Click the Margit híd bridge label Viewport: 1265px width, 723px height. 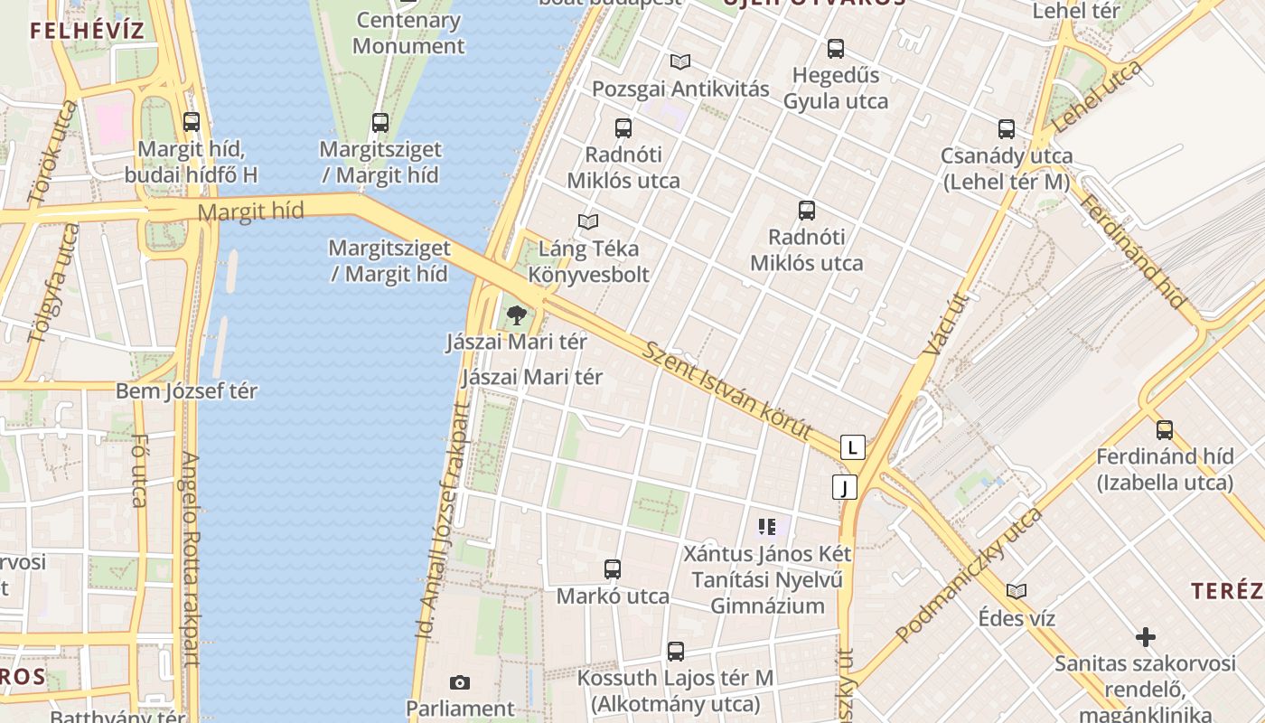click(250, 212)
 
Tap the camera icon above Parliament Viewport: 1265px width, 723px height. click(459, 682)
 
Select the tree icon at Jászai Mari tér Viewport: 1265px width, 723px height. click(516, 315)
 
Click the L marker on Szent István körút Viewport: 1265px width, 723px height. click(852, 446)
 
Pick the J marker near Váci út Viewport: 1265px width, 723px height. click(844, 488)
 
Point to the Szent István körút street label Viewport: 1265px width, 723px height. click(726, 390)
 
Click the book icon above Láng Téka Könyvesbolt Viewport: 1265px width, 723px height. click(588, 221)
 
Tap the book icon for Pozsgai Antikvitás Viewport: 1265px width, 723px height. click(680, 61)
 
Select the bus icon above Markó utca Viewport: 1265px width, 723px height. click(613, 569)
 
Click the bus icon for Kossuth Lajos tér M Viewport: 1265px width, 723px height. click(676, 651)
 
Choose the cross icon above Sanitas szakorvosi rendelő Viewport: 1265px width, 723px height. click(1146, 637)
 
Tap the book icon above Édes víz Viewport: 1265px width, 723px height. click(1017, 591)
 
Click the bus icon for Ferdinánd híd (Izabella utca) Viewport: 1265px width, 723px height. click(1165, 429)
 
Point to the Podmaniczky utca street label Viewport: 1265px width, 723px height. click(970, 576)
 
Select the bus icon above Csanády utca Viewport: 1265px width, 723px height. click(1007, 129)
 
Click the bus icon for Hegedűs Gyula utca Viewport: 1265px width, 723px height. click(836, 49)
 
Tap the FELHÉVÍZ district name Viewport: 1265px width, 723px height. click(87, 30)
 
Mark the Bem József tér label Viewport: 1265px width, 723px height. click(186, 391)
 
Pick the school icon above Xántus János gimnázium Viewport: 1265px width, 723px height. click(767, 526)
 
